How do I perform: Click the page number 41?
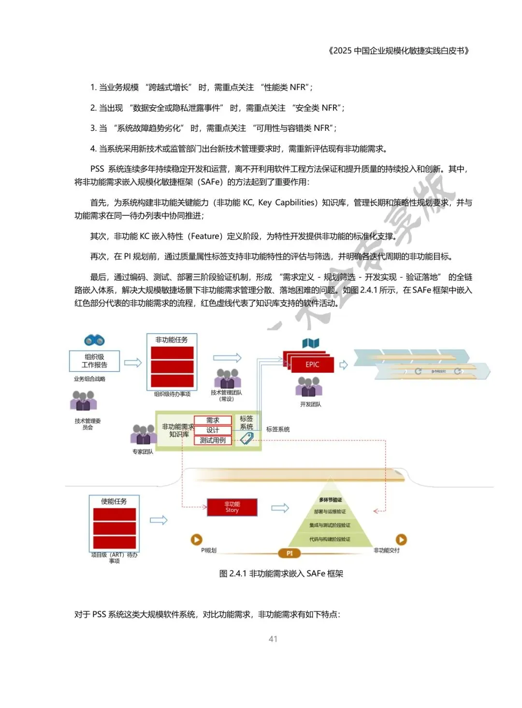coord(273,639)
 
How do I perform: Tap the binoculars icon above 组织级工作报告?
coord(94,340)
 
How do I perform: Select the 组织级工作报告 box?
coord(94,361)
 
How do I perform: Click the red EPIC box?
coord(312,365)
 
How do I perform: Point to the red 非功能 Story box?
coord(232,507)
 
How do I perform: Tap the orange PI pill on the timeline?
coord(290,553)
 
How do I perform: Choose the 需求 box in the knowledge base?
coord(213,420)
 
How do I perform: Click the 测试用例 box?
coord(213,440)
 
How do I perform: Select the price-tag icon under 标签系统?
coord(246,439)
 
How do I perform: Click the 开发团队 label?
coord(310,404)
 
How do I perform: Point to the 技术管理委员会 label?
coord(87,424)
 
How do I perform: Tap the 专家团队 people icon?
coord(143,434)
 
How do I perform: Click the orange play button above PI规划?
coord(197,539)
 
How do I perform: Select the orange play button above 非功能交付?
coord(401,539)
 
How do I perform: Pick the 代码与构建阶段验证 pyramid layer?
coord(330,539)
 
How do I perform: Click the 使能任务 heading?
coord(114,501)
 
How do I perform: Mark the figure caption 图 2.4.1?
coord(281,574)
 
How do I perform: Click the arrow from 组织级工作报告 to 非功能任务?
coord(133,362)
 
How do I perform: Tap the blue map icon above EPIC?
coord(311,343)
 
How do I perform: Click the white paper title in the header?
coord(399,51)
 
